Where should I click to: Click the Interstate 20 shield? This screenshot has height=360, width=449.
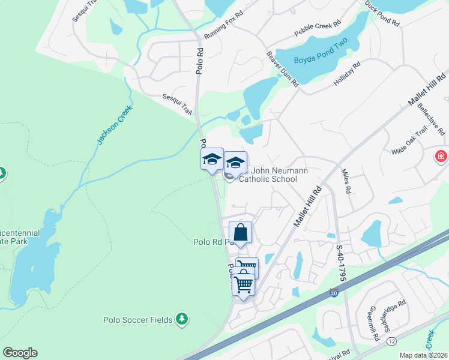click(x=334, y=293)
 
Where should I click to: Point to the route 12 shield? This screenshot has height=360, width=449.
click(x=392, y=341)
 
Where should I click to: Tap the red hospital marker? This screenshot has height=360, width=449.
click(x=442, y=157)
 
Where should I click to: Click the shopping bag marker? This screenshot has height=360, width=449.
click(x=240, y=232)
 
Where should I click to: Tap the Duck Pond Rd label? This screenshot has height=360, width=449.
click(x=382, y=13)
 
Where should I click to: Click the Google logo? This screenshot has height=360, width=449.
click(x=20, y=353)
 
